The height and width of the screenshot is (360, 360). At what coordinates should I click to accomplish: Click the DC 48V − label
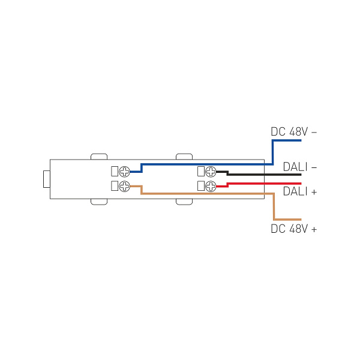[x=293, y=131]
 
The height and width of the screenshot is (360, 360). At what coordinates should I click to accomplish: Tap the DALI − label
[x=299, y=167]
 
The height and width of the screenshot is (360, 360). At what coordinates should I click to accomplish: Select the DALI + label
[x=299, y=192]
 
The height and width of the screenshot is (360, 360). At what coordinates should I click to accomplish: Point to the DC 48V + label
[x=293, y=229]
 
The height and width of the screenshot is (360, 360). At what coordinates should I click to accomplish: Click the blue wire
[x=204, y=163]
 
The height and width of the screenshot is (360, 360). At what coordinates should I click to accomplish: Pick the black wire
[x=264, y=175]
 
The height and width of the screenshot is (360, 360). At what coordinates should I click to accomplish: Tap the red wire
[x=264, y=183]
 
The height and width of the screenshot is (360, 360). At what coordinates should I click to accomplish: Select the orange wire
[x=204, y=194]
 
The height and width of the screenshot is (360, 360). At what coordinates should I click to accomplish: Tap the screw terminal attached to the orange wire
[x=125, y=185]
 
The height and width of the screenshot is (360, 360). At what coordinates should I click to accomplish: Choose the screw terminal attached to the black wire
[x=211, y=172]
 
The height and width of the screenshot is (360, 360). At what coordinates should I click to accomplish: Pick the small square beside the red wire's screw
[x=200, y=185]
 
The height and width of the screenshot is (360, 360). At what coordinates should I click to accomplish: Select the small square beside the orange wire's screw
[x=115, y=185]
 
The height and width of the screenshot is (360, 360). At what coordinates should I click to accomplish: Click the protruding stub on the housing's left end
[x=46, y=179]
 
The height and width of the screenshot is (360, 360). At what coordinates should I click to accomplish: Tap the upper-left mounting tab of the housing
[x=99, y=157]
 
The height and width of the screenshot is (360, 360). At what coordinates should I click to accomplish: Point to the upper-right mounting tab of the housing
[x=184, y=157]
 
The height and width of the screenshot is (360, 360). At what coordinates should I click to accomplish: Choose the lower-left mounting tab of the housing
[x=99, y=202]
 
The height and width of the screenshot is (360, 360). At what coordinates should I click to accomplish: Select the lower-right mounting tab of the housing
[x=184, y=202]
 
